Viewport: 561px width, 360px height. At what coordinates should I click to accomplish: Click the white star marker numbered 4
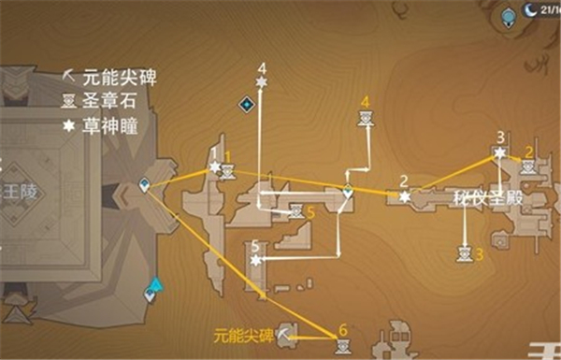(x=262, y=84)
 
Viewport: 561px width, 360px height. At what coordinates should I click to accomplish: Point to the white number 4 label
(x=262, y=67)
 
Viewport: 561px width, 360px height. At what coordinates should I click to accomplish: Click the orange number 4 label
(x=365, y=101)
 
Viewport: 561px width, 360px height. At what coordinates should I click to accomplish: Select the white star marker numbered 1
(x=215, y=167)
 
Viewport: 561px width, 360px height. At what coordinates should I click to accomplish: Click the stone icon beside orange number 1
(x=229, y=173)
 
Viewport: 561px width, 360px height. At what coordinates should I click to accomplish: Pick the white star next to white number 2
(x=404, y=197)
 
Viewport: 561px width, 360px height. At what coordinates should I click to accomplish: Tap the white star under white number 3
(x=500, y=153)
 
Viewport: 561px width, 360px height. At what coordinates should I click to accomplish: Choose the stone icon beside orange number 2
(x=527, y=167)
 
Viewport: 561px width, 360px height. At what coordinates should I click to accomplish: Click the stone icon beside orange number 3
(x=461, y=253)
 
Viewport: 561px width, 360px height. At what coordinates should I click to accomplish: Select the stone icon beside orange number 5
(x=295, y=212)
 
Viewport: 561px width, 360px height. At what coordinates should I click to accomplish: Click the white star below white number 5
(x=256, y=262)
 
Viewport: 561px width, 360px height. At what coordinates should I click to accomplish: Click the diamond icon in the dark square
(x=246, y=104)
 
